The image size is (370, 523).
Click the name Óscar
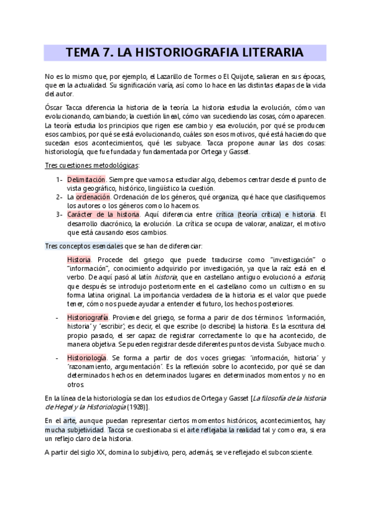coord(54,107)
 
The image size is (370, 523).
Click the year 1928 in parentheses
coord(136,407)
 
